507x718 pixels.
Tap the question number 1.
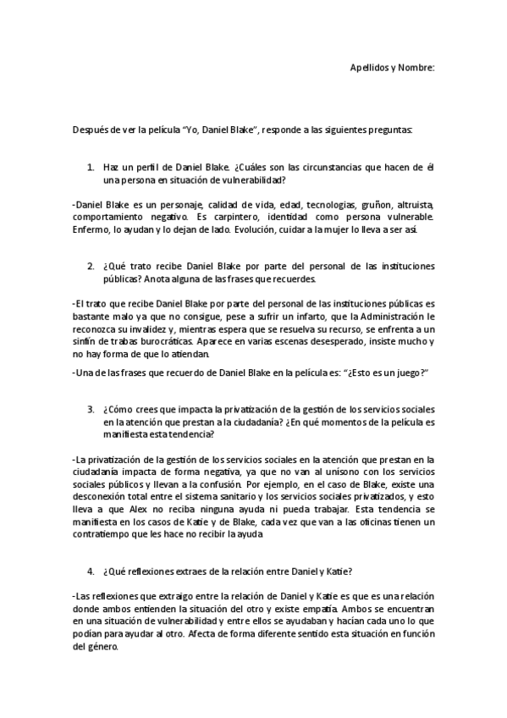(91, 167)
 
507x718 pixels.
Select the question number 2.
(91, 265)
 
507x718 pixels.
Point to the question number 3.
(91, 409)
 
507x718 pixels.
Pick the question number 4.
(91, 571)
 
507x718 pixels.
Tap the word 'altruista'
(412, 205)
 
